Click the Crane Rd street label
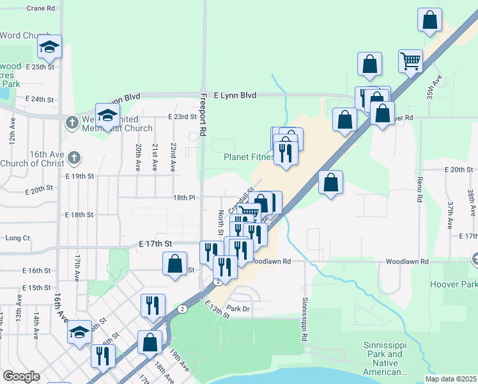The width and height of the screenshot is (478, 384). [42, 8]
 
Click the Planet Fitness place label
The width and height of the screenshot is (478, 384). [249, 157]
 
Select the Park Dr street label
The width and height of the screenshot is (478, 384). [236, 308]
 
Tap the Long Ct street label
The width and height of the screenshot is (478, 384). [17, 238]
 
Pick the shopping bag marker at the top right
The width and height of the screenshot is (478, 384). [430, 20]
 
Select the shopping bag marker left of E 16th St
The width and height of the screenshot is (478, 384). [174, 264]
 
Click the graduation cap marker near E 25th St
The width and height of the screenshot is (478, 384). [49, 47]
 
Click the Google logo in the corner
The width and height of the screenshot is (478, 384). [20, 376]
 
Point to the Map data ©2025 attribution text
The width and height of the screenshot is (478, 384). [451, 379]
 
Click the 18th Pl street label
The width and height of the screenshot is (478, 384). [183, 198]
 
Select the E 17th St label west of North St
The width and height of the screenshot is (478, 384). [156, 244]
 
